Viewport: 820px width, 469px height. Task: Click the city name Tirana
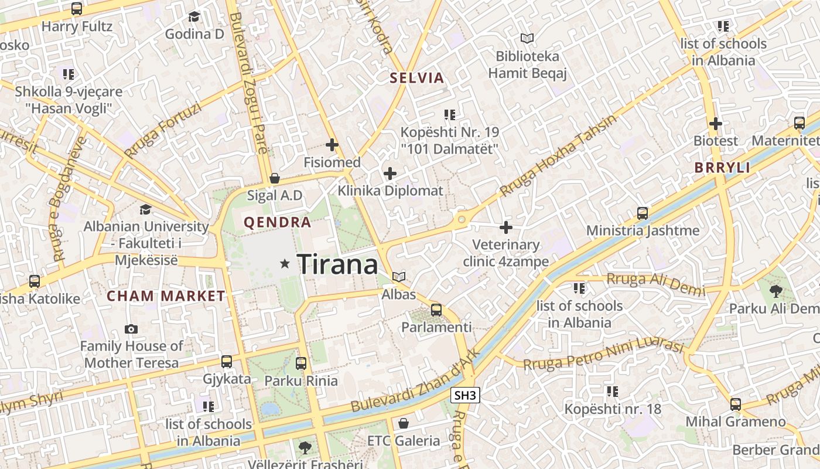click(x=338, y=264)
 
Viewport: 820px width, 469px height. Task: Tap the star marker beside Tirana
click(x=285, y=264)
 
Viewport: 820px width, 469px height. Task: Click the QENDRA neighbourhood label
click(x=278, y=223)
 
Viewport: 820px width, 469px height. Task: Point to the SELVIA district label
click(x=417, y=78)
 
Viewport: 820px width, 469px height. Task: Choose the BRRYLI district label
click(x=722, y=168)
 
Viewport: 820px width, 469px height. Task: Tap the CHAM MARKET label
click(x=166, y=296)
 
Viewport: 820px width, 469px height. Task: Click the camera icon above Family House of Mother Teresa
click(x=131, y=329)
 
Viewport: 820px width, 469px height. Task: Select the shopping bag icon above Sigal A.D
click(x=274, y=178)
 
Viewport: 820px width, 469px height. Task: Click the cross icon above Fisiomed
click(x=332, y=144)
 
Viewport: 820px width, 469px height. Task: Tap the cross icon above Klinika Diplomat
click(x=390, y=174)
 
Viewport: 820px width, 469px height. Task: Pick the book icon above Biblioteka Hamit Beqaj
click(x=527, y=39)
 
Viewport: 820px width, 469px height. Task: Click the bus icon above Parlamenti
click(x=436, y=310)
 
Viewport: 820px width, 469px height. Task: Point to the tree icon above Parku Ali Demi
click(x=775, y=291)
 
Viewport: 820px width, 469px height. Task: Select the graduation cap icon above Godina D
click(x=194, y=16)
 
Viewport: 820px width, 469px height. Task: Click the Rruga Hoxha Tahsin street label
click(x=558, y=156)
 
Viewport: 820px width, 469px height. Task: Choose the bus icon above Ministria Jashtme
click(x=643, y=213)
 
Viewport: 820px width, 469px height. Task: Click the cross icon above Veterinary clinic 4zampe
click(x=506, y=227)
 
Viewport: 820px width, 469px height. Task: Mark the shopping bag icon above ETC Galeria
click(x=404, y=423)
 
